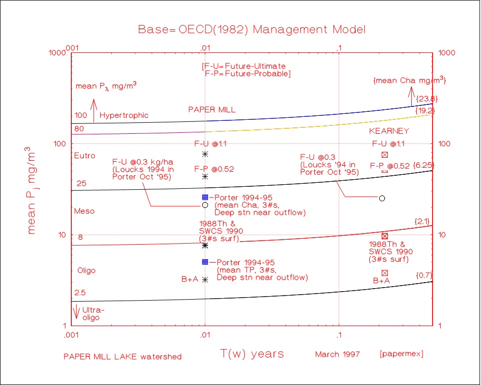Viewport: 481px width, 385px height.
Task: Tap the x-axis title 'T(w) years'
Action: point(252,354)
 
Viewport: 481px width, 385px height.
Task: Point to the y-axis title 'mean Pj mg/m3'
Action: point(33,190)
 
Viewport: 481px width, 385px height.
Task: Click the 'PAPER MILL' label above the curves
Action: point(212,109)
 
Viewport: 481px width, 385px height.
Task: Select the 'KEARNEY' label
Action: point(389,131)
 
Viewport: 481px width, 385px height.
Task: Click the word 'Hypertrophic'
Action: point(124,115)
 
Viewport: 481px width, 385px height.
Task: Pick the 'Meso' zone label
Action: point(84,211)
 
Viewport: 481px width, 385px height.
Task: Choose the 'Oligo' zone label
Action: point(86,271)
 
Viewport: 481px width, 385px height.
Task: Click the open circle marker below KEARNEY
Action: point(382,198)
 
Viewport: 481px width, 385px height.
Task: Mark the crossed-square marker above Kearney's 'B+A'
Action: point(385,273)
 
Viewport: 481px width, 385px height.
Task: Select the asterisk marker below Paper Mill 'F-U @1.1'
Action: point(205,154)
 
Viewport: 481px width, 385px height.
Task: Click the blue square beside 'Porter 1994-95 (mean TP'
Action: point(205,262)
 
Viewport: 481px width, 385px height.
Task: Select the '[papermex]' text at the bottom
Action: point(401,355)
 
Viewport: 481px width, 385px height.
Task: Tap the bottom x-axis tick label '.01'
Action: point(205,335)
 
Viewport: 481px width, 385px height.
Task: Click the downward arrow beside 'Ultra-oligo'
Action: point(76,313)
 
